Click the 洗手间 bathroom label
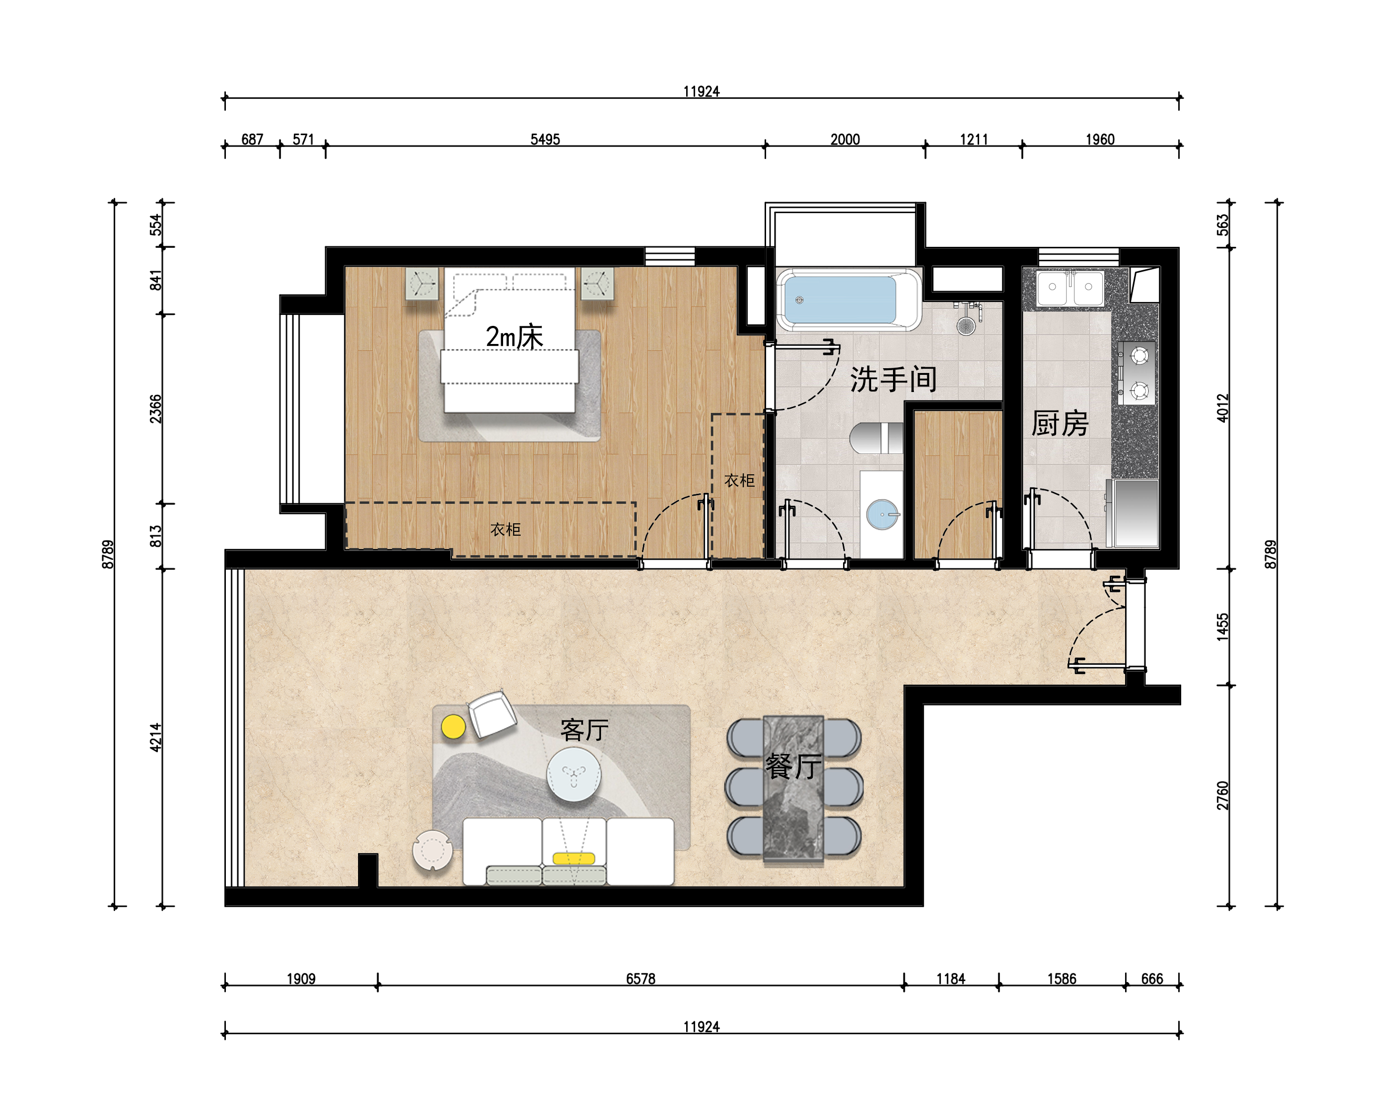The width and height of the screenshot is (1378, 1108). click(893, 380)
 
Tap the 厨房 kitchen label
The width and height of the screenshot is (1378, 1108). click(1060, 424)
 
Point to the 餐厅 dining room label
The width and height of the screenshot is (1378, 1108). click(793, 766)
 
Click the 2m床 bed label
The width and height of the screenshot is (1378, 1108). click(514, 337)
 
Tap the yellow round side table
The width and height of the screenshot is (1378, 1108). click(453, 726)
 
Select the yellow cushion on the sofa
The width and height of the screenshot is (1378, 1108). click(574, 859)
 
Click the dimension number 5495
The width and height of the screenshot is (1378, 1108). click(545, 139)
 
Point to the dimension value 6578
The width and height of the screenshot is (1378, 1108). click(640, 979)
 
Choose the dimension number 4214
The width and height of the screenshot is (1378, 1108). click(156, 737)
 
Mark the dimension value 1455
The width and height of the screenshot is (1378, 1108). click(1222, 627)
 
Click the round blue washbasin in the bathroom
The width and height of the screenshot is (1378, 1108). click(882, 514)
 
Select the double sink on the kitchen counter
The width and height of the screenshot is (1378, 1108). click(1070, 288)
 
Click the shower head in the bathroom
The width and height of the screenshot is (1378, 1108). click(965, 326)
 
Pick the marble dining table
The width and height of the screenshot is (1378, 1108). click(793, 790)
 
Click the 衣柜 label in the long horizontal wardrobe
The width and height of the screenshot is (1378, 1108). click(505, 529)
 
